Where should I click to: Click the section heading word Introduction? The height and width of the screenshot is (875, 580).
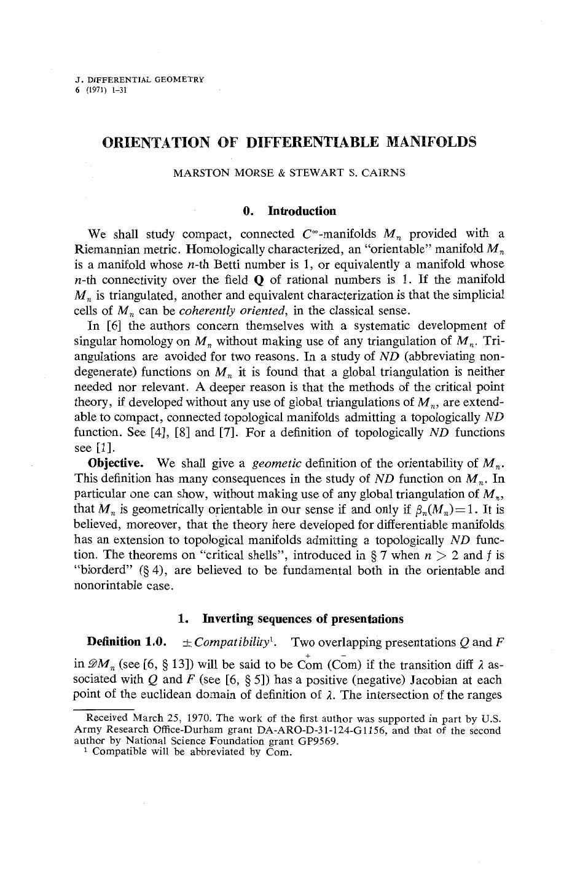click(302, 211)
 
